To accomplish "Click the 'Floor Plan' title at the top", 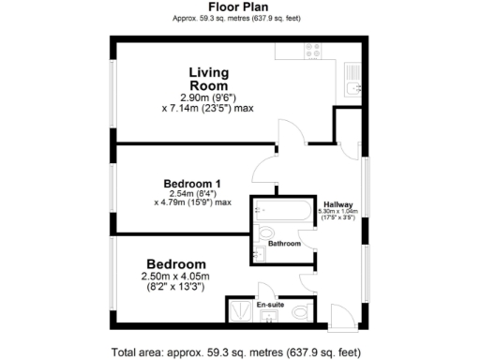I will point(241,7).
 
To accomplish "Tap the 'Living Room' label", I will point(208,79).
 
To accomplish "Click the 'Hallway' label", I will point(337,206).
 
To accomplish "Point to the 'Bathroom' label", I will point(284,244).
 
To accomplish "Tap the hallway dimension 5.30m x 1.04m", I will point(337,216).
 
